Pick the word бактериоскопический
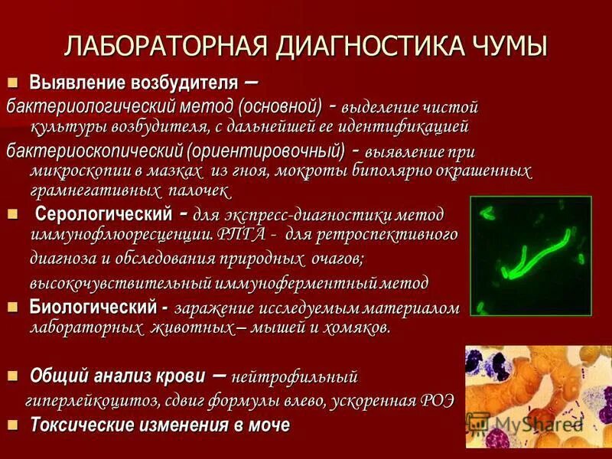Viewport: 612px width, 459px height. [90, 148]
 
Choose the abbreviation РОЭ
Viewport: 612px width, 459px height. [436, 399]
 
